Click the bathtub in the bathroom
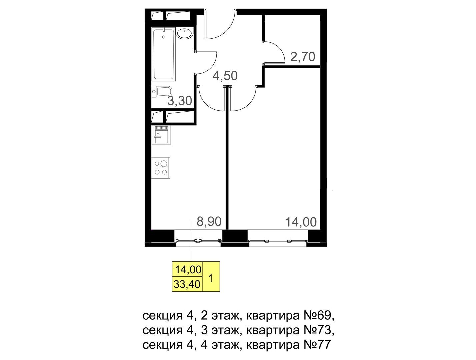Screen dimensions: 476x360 tap(163, 54)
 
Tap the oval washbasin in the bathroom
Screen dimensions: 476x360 tap(184, 34)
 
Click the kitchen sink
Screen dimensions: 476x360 tap(161, 135)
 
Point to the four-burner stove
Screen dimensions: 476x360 tap(161, 168)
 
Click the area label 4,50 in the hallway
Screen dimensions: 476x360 tap(225, 76)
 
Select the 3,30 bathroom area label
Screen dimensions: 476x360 tap(180, 101)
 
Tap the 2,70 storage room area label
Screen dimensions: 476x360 tap(303, 57)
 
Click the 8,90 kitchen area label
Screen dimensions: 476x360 tap(209, 221)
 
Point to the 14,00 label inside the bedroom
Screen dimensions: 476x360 tap(301, 222)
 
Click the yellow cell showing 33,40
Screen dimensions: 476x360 tap(187, 284)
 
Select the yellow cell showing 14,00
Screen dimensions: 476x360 tap(187, 270)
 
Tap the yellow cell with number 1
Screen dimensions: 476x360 tap(211, 277)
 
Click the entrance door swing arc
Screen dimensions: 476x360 tap(227, 30)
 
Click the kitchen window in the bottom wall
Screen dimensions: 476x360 tap(198, 240)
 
